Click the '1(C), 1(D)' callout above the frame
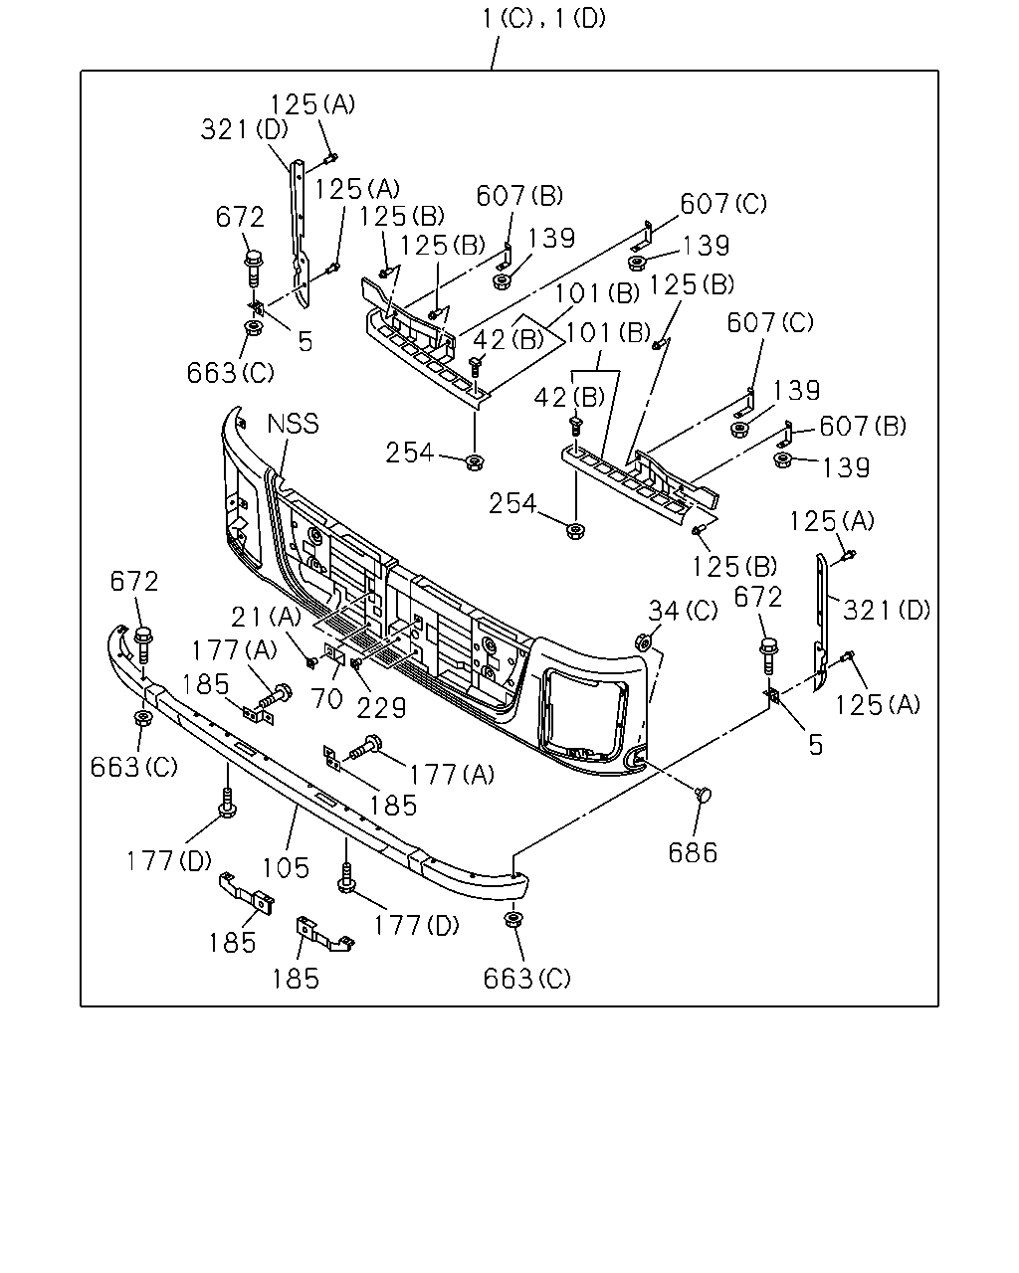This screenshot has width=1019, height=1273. tap(544, 19)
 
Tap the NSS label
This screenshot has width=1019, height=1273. tap(294, 424)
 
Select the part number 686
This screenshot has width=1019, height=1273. tap(693, 853)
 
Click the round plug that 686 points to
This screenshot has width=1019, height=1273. tap(703, 794)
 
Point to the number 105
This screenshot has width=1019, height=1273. tap(286, 868)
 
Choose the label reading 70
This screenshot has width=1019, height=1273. tap(326, 698)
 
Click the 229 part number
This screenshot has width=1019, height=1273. tap(382, 707)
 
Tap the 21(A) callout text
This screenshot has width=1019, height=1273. tap(266, 618)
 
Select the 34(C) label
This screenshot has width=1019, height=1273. tap(683, 611)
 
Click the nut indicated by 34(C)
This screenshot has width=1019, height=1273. tap(643, 641)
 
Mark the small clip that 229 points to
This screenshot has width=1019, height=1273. tap(356, 663)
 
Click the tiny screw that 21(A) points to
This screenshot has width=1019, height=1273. tap(310, 663)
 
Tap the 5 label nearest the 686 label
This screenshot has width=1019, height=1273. tap(816, 745)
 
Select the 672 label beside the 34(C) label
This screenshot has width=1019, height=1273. tap(758, 597)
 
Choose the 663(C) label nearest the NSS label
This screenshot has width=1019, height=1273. tap(230, 373)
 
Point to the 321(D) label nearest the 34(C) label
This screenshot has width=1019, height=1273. tap(887, 610)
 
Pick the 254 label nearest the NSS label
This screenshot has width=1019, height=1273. tap(410, 454)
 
